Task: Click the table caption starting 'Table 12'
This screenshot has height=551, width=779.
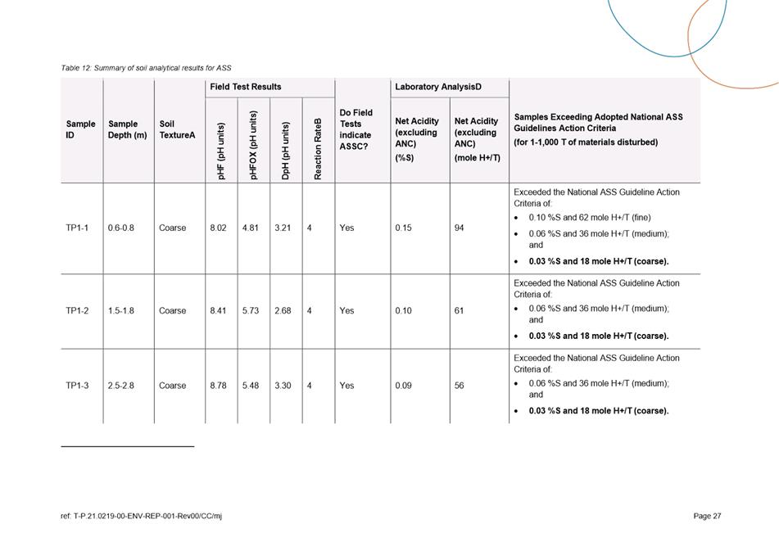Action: (x=146, y=68)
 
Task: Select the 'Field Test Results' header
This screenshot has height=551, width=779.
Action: (x=245, y=87)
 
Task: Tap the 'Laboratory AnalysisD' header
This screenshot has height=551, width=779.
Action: (x=433, y=87)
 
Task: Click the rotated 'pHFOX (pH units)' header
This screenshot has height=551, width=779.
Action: (x=254, y=145)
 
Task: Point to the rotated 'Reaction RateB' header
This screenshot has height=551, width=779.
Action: (x=318, y=147)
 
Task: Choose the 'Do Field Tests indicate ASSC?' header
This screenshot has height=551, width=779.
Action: (x=356, y=129)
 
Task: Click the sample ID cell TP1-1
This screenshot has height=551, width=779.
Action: (x=77, y=228)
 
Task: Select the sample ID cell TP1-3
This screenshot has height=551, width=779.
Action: (x=77, y=386)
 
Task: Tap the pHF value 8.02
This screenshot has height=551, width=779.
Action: (x=218, y=228)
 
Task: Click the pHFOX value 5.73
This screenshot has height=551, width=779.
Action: (x=251, y=311)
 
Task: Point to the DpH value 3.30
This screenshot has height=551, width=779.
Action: (x=283, y=386)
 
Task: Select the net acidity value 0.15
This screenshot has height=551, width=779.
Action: (x=403, y=228)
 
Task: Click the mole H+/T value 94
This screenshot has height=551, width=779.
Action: (x=460, y=228)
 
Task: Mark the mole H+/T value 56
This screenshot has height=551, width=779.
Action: (x=460, y=386)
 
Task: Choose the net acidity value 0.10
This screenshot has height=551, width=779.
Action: (x=403, y=311)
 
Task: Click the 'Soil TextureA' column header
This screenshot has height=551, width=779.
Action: (x=177, y=129)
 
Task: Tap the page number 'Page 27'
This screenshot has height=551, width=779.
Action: (x=707, y=516)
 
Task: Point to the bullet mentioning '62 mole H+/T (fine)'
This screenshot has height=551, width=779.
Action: (x=589, y=218)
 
